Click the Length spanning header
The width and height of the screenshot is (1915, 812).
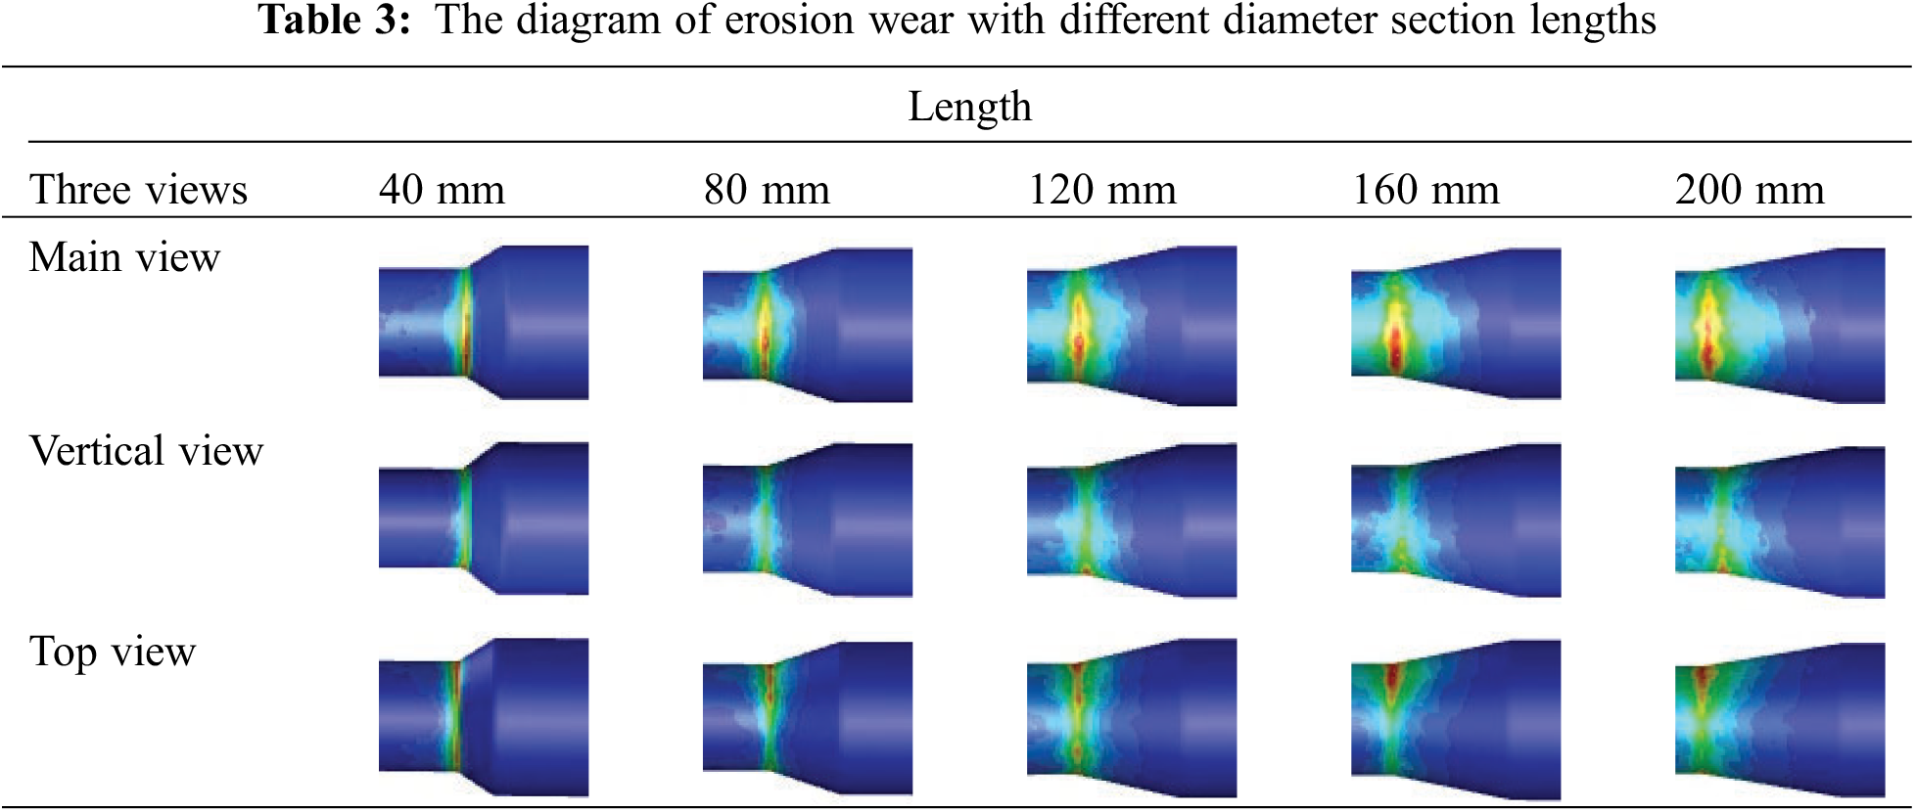tap(969, 107)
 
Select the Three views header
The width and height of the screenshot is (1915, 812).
tap(138, 190)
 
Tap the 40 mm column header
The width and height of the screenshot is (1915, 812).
tap(442, 190)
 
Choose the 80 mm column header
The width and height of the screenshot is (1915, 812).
tap(767, 190)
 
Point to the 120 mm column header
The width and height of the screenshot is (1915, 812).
tap(1101, 190)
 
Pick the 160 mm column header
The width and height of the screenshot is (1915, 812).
tap(1425, 190)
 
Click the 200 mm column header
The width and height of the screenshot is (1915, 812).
tap(1750, 190)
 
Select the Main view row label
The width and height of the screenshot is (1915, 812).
tap(124, 257)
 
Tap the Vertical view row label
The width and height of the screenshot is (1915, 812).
tap(146, 451)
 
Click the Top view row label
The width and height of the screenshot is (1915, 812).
tap(113, 652)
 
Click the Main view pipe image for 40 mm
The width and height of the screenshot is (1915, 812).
tap(484, 323)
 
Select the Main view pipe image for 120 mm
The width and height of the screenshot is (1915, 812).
tap(1132, 326)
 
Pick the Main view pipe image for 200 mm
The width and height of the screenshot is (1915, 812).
tap(1780, 326)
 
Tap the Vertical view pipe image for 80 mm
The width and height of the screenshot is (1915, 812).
tap(808, 520)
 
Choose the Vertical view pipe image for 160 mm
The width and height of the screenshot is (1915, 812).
tap(1456, 520)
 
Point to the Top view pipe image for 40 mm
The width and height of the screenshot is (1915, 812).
tap(484, 717)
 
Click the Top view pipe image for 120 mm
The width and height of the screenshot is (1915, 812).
tap(1132, 718)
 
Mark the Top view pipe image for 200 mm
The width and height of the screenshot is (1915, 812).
tap(1780, 719)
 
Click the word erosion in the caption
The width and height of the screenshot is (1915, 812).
tap(789, 20)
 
